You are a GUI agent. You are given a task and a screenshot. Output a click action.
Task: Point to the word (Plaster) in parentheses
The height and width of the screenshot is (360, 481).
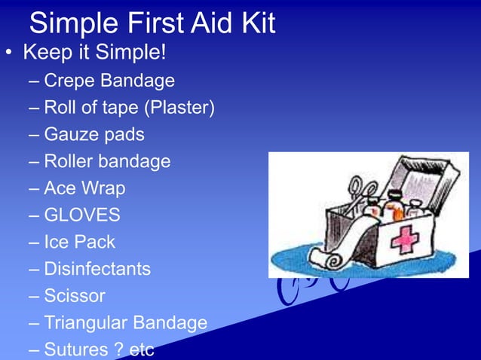(x=179, y=108)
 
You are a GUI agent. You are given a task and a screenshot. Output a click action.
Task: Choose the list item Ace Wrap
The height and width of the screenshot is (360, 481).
(x=84, y=188)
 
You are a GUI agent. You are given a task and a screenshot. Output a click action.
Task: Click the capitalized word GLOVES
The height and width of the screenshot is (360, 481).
(x=82, y=215)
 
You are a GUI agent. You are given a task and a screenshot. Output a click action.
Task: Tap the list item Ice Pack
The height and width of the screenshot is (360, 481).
(x=79, y=243)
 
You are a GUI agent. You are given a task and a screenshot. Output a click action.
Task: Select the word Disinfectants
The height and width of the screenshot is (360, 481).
(x=97, y=269)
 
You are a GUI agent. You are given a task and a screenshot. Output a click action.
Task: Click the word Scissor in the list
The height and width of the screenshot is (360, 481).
(x=75, y=296)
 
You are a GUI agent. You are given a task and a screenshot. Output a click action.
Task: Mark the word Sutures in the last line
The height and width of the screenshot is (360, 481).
(x=75, y=349)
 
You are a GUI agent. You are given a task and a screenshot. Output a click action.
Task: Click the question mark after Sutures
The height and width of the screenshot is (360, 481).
(x=118, y=349)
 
